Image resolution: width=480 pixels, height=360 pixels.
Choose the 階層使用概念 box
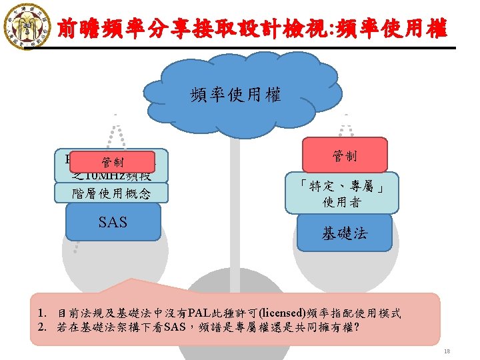click(113, 193)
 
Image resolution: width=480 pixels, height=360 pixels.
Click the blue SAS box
click(113, 221)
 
